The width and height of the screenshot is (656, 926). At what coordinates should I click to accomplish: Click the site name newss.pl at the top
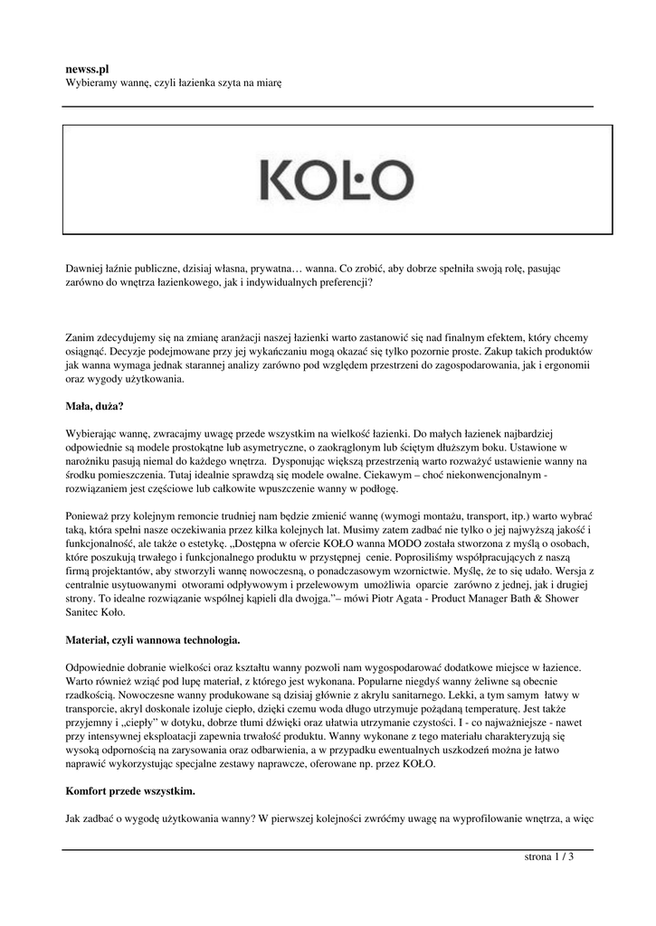click(x=88, y=67)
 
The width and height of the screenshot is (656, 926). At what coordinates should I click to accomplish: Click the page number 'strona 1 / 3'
click(x=550, y=857)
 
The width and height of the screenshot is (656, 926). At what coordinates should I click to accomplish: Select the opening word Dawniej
click(x=86, y=268)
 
